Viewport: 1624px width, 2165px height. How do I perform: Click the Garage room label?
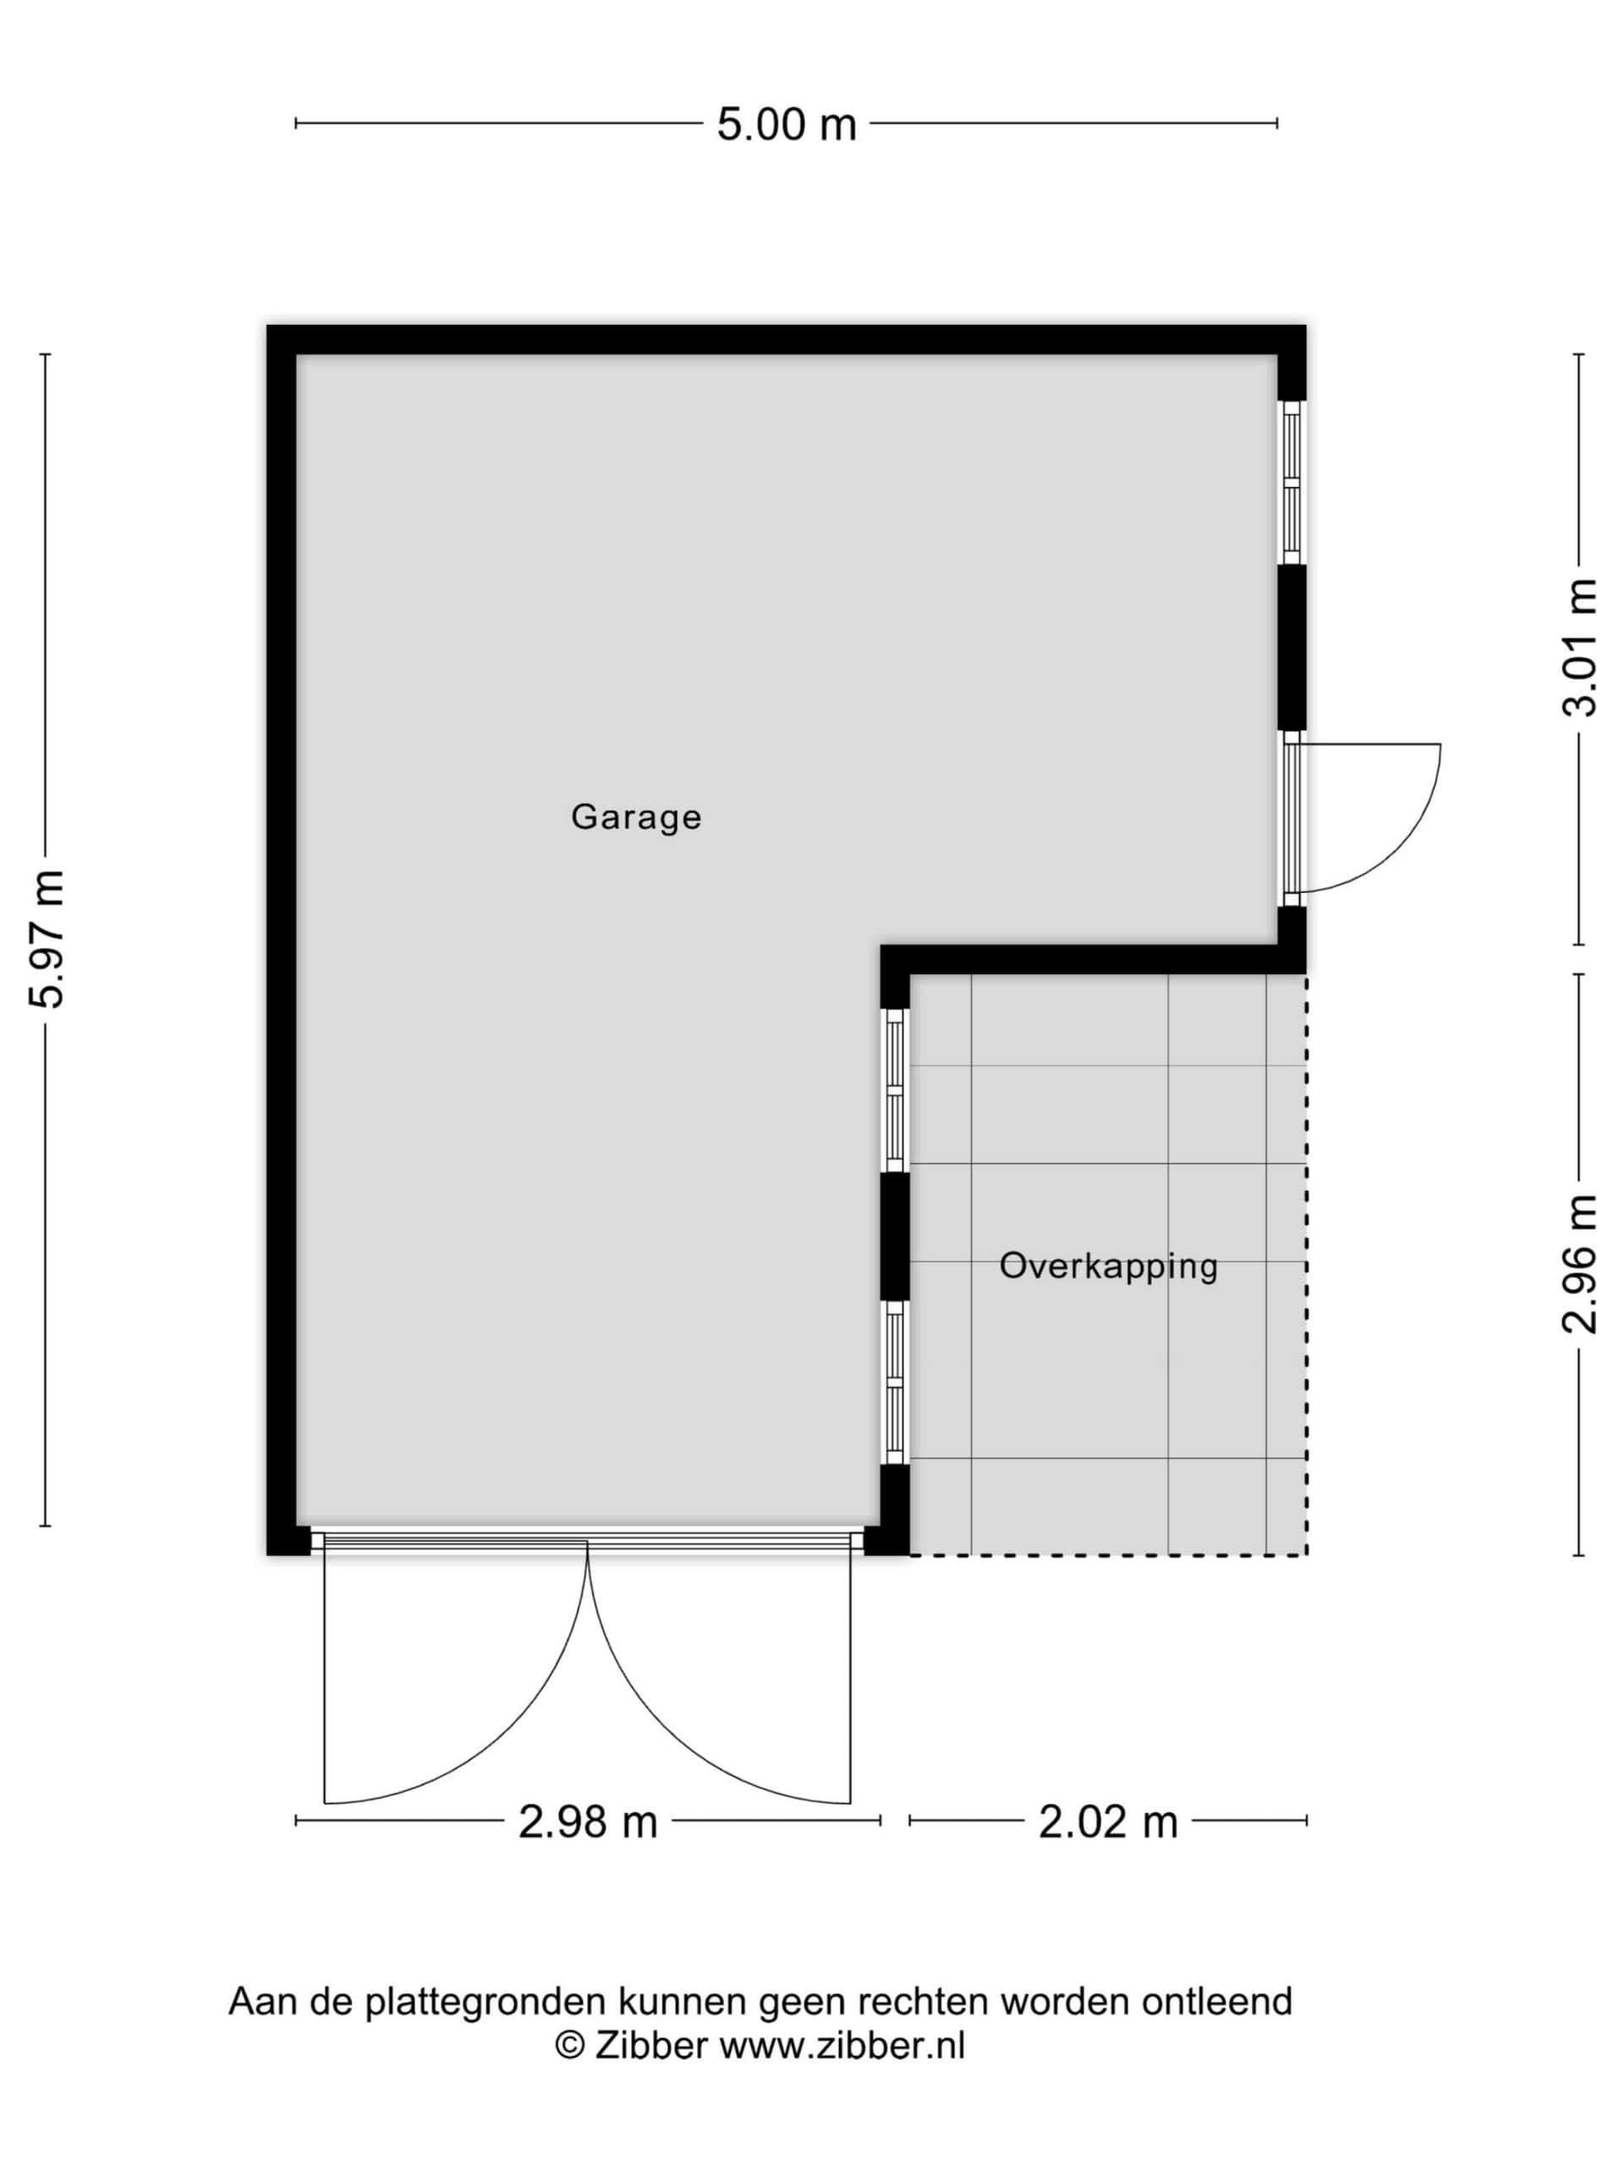(x=635, y=816)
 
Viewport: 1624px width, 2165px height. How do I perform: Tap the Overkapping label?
(x=1108, y=1267)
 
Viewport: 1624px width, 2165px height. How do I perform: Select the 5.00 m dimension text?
(x=786, y=125)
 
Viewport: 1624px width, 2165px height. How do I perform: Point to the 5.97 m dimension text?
(x=47, y=939)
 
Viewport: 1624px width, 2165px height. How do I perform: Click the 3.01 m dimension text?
(x=1579, y=647)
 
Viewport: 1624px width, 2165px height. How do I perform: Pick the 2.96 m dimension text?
(x=1579, y=1263)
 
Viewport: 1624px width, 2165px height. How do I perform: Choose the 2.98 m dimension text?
(x=587, y=1822)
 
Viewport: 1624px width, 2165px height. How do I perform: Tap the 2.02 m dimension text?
(x=1108, y=1822)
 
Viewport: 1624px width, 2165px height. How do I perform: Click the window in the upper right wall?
(x=1292, y=483)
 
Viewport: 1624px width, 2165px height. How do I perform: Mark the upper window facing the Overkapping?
(x=895, y=1089)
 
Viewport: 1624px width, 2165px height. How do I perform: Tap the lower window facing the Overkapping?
(x=895, y=1382)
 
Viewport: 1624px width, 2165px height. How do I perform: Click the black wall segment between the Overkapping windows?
(x=895, y=1236)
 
